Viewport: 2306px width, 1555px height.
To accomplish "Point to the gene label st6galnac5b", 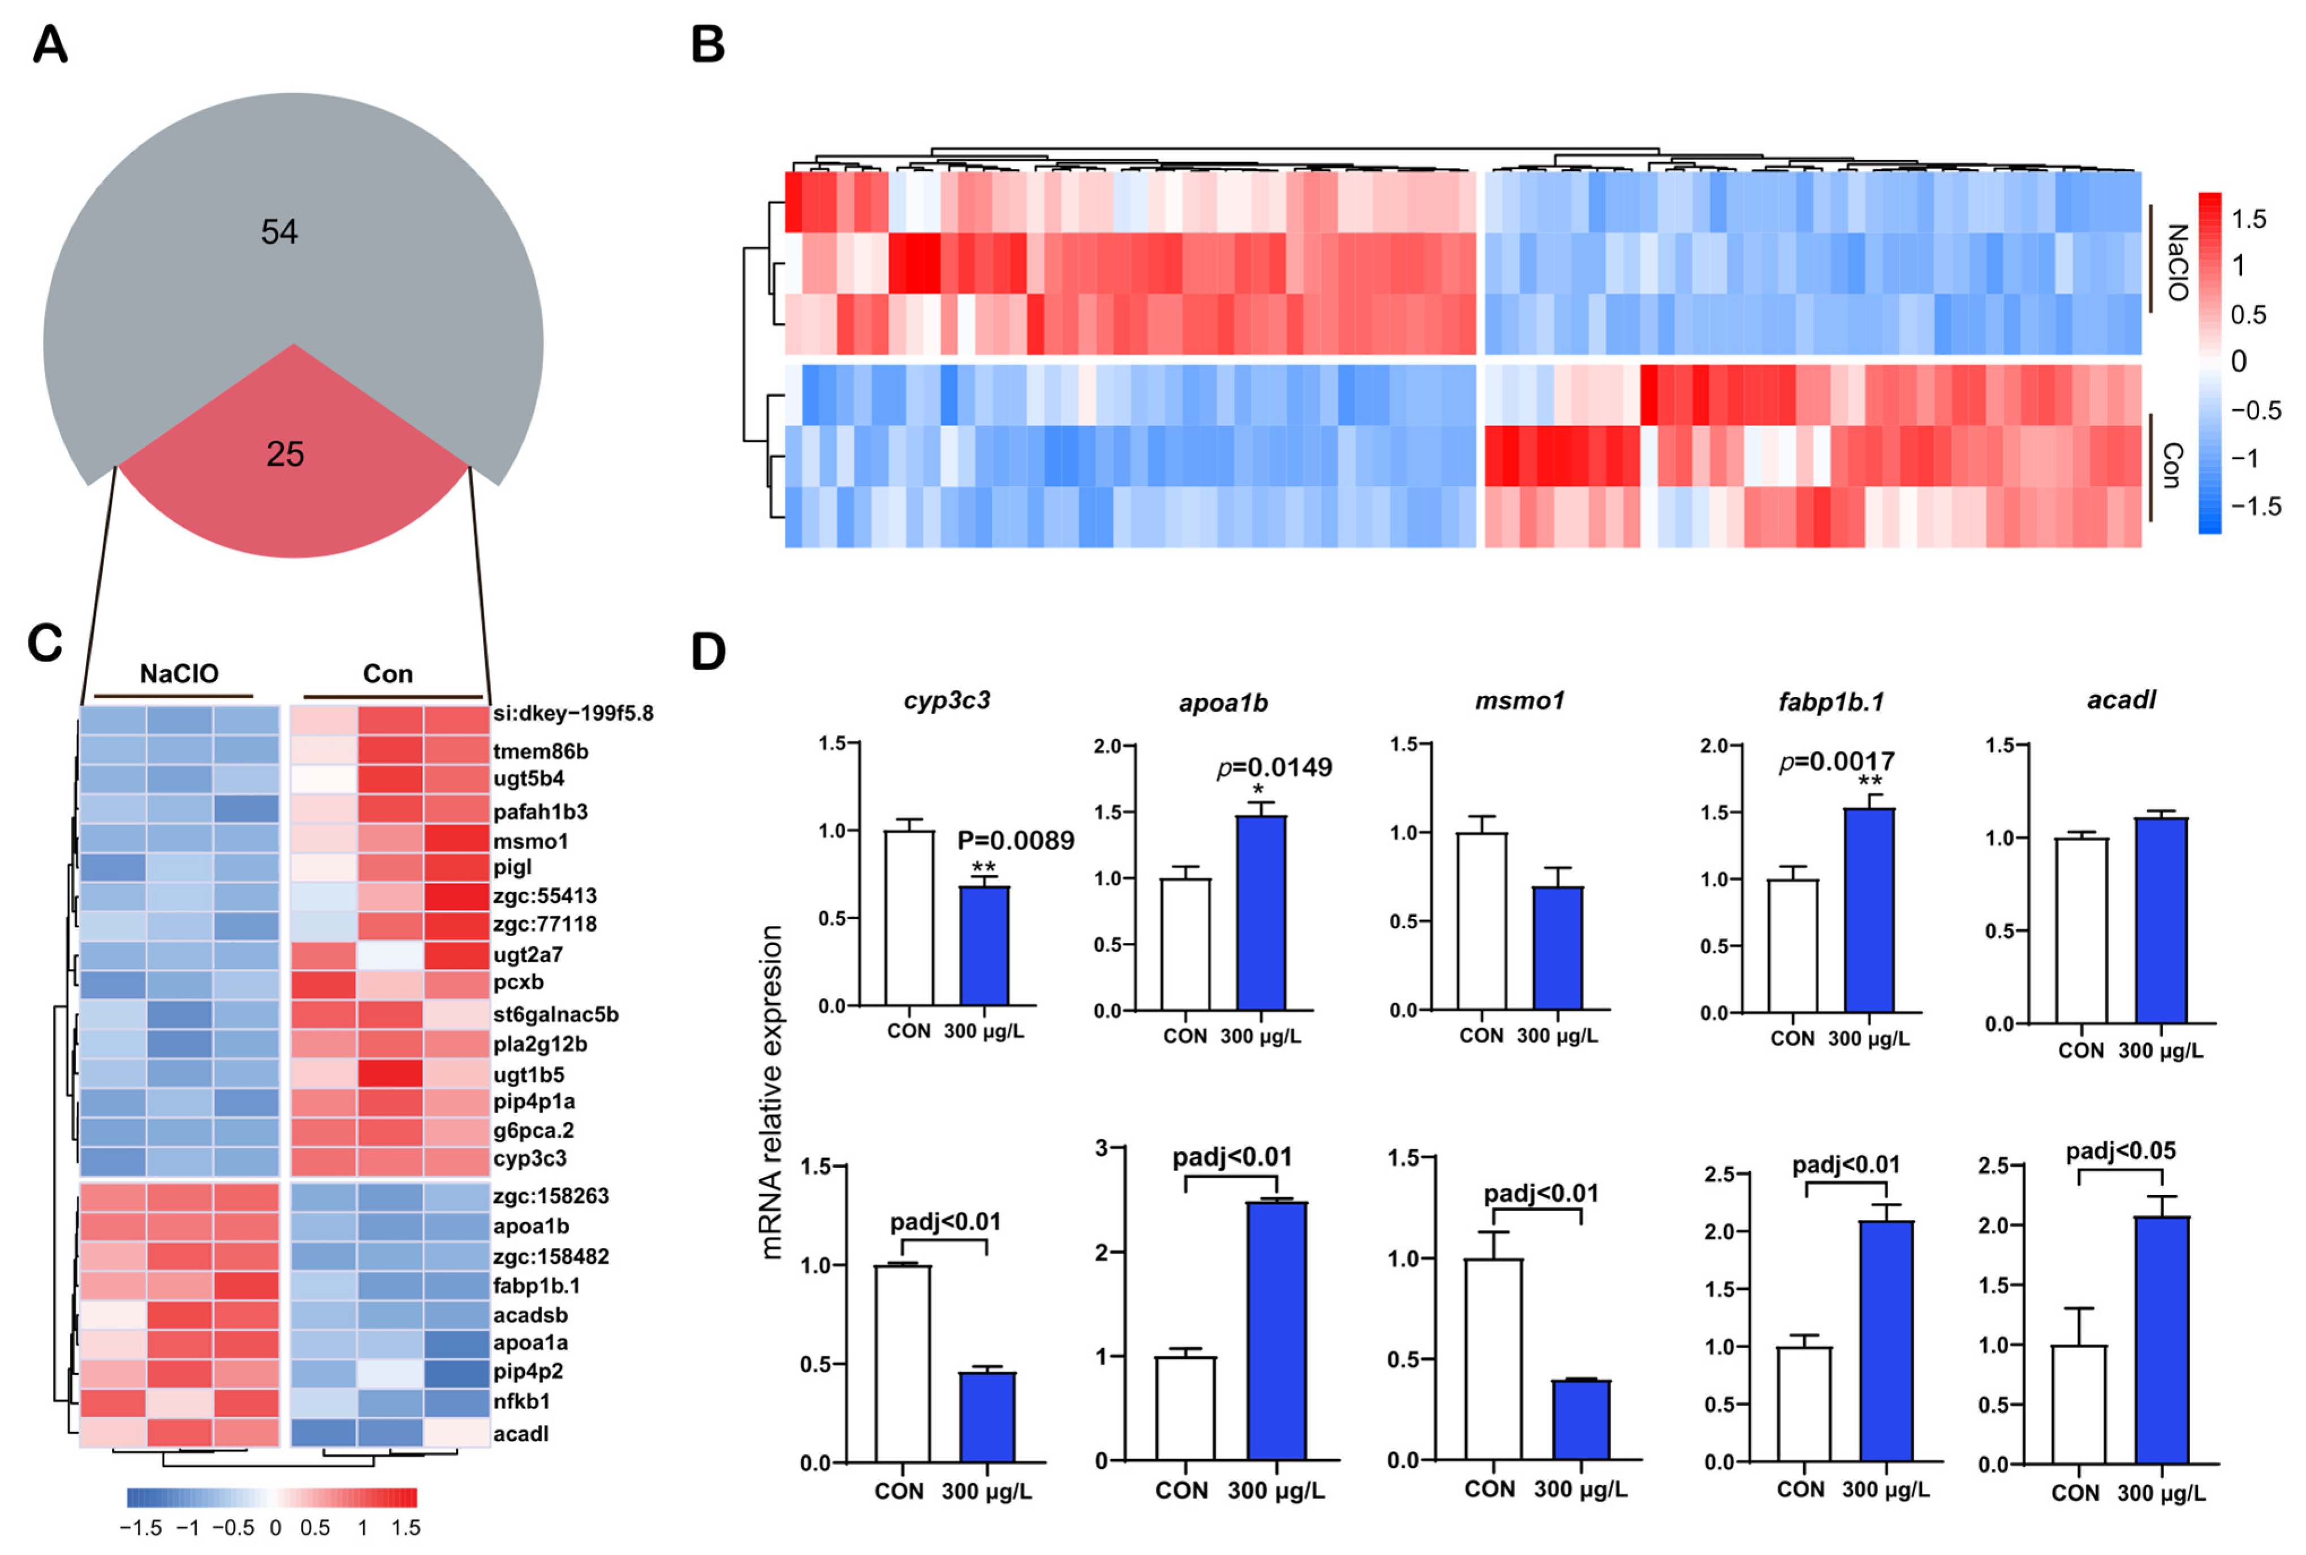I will tap(555, 1015).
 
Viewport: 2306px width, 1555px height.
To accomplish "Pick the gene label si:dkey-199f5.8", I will tap(572, 713).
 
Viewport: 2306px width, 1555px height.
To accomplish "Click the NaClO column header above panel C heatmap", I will tap(179, 674).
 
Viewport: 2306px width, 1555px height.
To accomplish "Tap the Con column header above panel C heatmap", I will tap(388, 674).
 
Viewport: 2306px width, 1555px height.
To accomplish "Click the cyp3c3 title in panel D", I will tap(946, 700).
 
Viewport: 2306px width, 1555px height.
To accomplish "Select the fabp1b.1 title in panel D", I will tap(1830, 702).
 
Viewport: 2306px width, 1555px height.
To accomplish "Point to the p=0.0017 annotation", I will tap(1836, 761).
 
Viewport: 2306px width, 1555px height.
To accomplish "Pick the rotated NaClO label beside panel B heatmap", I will tap(2176, 263).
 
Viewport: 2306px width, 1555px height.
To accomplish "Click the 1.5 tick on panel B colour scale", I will tap(2248, 219).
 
